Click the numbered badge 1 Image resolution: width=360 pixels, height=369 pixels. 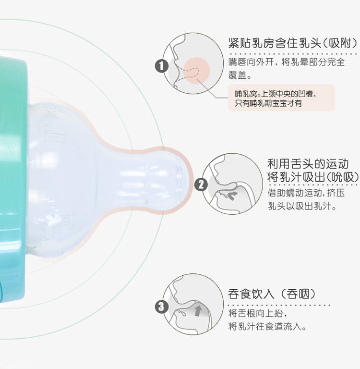162,65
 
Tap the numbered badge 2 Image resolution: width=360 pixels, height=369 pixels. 201,184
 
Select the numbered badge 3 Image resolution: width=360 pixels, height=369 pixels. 161,306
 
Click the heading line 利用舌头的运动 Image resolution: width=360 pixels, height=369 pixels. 308,163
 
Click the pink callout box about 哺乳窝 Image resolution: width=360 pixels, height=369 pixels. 281,98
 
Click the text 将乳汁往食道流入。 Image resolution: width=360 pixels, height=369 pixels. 267,327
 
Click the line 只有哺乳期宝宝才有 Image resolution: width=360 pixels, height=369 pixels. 268,103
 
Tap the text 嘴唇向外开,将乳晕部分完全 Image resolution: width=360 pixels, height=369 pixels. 287,62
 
